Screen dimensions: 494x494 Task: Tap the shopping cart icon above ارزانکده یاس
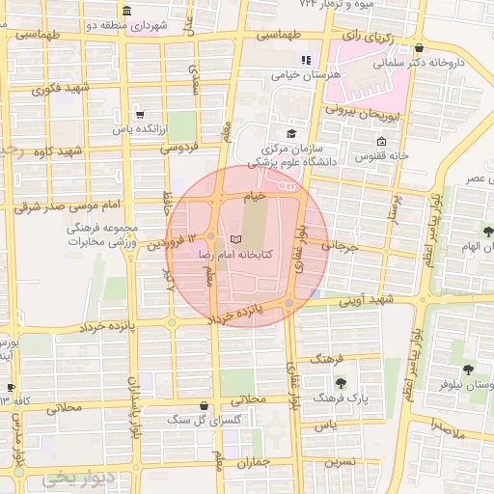[141, 113]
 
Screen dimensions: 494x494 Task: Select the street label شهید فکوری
[59, 91]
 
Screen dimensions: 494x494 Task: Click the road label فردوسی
[178, 147]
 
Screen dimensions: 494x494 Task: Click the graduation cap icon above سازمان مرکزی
[290, 134]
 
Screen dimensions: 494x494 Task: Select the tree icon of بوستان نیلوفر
[468, 370]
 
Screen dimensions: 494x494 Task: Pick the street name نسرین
[338, 461]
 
